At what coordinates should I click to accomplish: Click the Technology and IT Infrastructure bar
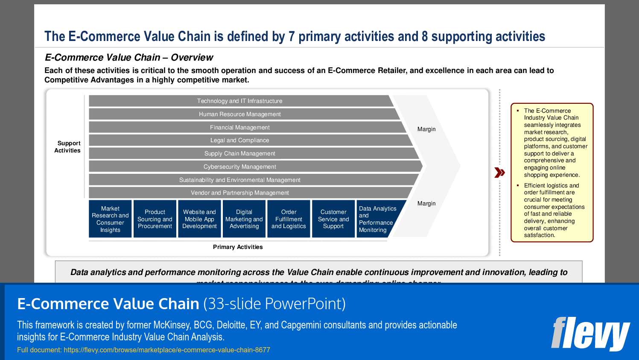(x=239, y=101)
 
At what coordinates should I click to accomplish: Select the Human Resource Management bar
(x=239, y=114)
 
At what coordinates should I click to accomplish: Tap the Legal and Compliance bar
(x=239, y=140)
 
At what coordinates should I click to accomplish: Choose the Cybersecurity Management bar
(x=239, y=167)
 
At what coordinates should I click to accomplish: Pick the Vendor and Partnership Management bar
(x=239, y=193)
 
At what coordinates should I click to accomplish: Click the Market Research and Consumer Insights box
(x=110, y=219)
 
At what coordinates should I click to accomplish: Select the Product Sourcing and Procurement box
(x=155, y=219)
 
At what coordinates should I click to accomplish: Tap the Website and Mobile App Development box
(x=199, y=219)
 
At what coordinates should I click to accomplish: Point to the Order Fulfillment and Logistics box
(x=289, y=219)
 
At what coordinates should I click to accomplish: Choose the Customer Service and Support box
(x=333, y=219)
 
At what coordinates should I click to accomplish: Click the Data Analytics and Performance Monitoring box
(x=376, y=219)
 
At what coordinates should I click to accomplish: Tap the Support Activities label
(x=68, y=147)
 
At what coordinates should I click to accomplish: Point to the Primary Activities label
(x=238, y=247)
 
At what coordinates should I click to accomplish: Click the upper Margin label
(x=426, y=129)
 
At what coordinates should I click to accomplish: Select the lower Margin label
(x=426, y=204)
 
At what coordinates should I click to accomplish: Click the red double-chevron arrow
(x=499, y=173)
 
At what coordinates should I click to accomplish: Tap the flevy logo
(x=590, y=334)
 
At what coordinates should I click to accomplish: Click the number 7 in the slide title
(x=292, y=37)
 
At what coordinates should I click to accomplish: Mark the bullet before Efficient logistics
(x=518, y=186)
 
